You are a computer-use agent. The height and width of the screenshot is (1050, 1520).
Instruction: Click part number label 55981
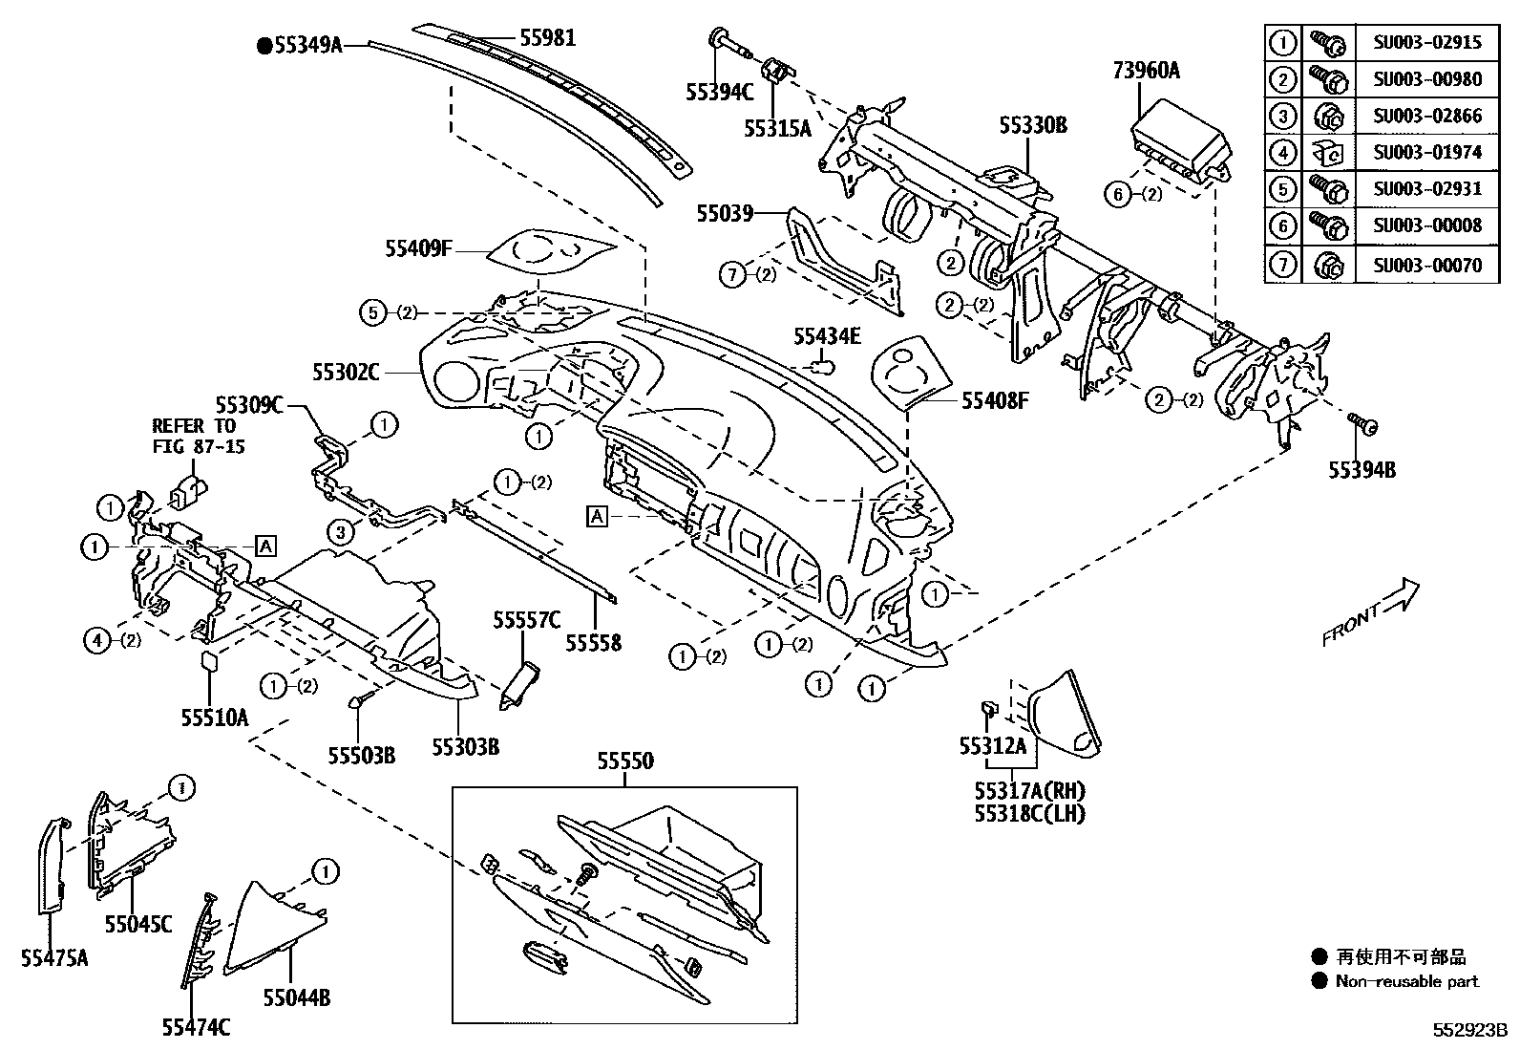[x=547, y=38]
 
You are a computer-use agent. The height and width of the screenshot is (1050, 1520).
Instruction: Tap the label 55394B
[x=1362, y=470]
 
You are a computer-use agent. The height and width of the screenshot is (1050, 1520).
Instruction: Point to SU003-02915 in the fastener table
[x=1427, y=42]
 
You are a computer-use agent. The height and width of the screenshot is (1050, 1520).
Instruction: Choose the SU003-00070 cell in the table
[x=1427, y=265]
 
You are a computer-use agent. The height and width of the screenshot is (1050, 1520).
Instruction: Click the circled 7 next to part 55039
[x=733, y=275]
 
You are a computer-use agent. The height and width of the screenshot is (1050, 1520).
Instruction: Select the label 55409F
[x=417, y=248]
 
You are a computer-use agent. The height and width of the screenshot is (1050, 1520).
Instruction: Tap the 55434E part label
[x=827, y=335]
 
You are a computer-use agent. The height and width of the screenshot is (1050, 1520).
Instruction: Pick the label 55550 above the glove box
[x=625, y=761]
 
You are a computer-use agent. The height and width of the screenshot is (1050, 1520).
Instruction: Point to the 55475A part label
[x=54, y=957]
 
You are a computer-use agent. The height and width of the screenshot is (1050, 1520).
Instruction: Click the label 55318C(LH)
[x=1030, y=813]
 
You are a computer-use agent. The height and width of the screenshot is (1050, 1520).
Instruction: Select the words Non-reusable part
[x=1406, y=981]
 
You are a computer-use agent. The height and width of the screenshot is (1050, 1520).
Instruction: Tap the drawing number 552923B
[x=1468, y=1032]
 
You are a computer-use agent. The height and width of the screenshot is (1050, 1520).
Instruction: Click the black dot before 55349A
[x=264, y=44]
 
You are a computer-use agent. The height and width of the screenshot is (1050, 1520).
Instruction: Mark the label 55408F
[x=995, y=401]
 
